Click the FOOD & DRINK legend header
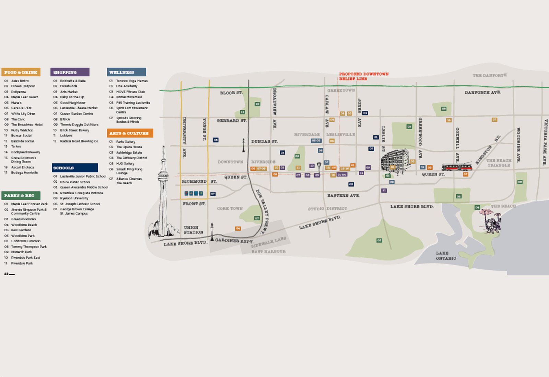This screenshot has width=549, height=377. pos(21,72)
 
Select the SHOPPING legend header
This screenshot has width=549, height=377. pos(70,72)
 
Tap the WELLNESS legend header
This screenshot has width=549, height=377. pos(126,72)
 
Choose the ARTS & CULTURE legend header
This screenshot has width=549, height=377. pos(130,133)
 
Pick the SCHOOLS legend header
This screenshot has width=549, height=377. pos(75,168)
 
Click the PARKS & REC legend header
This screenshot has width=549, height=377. pos(21,195)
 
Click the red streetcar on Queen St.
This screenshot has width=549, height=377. pos(457,167)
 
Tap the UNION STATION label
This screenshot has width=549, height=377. pos(193,230)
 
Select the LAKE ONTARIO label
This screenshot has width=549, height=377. pos(446,256)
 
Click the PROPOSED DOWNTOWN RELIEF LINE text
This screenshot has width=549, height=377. pos(364,76)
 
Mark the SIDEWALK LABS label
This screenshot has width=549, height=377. pos(268,242)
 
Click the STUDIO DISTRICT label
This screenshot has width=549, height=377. pos(327,208)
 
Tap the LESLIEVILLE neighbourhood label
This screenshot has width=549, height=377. pos(340,134)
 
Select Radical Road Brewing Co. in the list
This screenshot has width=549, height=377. pos(79,141)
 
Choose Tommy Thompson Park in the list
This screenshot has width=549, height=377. pos(29,247)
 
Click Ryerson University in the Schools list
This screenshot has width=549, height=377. pos(74,198)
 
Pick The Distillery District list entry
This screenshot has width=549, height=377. pos(131,158)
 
